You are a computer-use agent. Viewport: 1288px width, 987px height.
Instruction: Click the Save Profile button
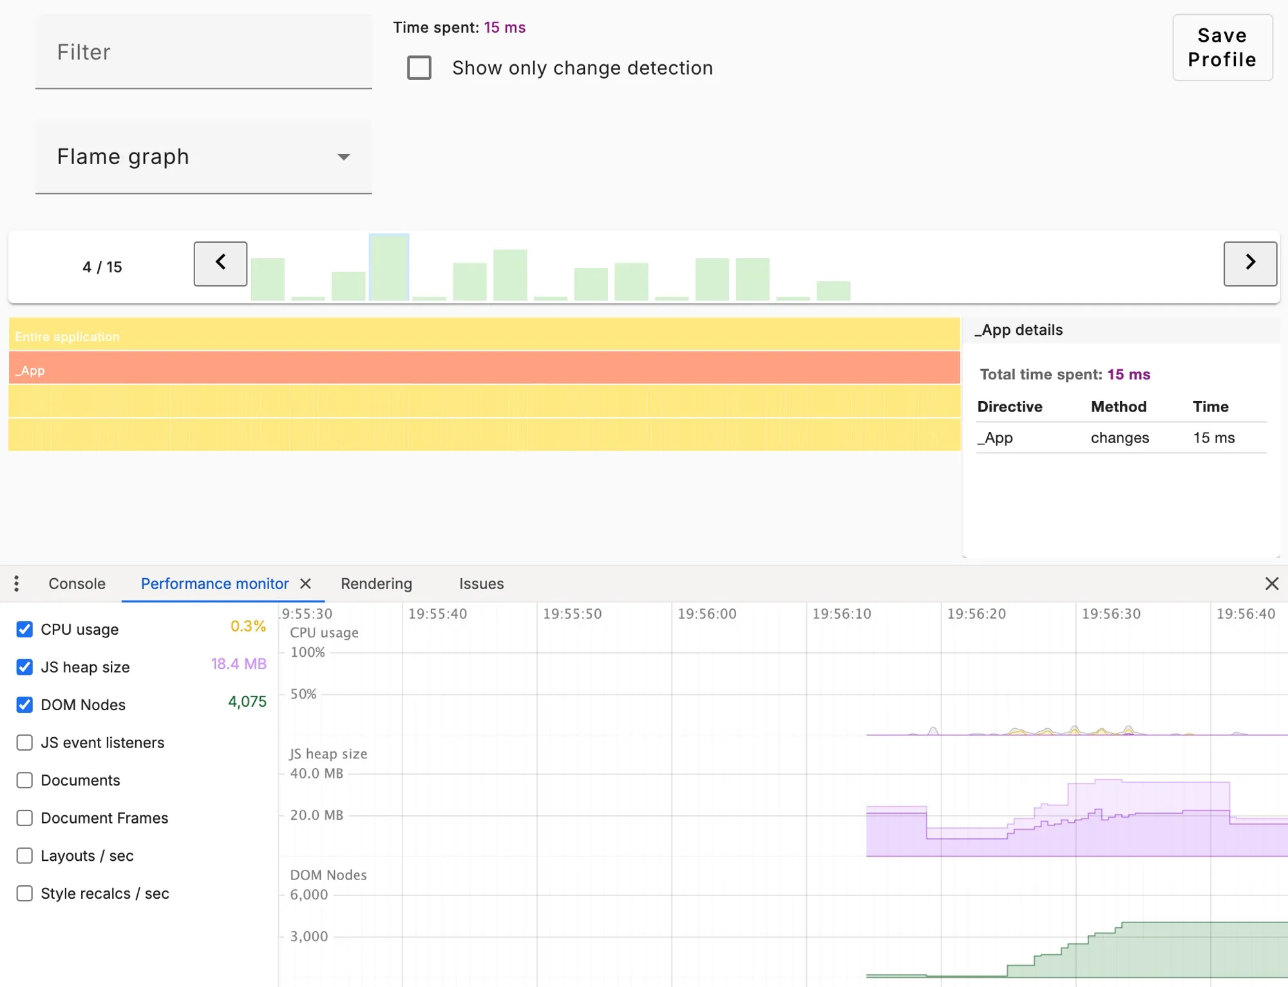1222,48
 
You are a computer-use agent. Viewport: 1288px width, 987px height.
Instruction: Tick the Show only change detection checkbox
419,68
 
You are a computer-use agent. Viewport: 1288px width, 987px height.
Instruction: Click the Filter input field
204,52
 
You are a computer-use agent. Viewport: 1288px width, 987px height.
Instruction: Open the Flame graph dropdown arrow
344,157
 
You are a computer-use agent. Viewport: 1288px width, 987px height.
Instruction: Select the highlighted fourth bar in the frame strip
389,268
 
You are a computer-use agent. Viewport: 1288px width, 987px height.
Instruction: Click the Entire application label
68,337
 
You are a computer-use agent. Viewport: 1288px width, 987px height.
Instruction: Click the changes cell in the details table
1119,438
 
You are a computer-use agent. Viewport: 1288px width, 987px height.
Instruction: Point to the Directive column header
1009,407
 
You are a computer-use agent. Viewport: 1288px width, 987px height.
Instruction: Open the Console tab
77,584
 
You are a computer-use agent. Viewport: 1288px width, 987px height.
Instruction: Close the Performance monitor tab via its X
306,584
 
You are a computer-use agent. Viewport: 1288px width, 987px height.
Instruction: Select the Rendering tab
376,584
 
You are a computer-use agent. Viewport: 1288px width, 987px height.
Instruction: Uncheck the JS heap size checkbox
24,667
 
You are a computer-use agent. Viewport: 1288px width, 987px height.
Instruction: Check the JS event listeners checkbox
24,742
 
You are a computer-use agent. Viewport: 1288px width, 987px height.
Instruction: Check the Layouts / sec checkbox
24,856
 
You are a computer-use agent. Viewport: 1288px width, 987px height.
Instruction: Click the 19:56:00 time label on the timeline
706,614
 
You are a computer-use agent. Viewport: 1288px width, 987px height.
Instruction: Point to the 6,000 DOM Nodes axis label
308,895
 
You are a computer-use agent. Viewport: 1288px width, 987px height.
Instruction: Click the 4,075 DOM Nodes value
247,702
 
